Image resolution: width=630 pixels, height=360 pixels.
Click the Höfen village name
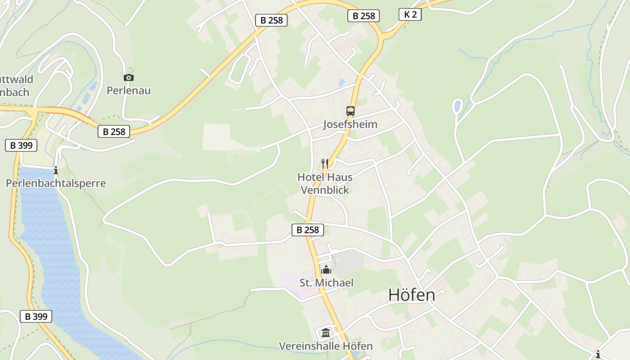(412, 295)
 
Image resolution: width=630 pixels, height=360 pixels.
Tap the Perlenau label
(129, 90)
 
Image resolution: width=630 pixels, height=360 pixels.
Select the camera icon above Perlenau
(129, 77)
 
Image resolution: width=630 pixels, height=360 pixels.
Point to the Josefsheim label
(350, 124)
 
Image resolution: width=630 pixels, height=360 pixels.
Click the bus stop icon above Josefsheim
(350, 111)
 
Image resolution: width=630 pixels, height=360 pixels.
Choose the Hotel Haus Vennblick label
(325, 184)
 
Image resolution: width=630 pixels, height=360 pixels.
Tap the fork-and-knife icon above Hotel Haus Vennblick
(325, 163)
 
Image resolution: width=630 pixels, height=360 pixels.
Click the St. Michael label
(326, 283)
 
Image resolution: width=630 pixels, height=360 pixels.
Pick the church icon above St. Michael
(326, 270)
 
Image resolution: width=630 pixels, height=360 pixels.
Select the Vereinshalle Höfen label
(326, 346)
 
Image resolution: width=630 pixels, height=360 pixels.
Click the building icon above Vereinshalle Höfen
(326, 333)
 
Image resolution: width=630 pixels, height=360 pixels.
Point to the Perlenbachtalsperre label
(56, 183)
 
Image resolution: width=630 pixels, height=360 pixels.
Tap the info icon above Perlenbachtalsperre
(56, 170)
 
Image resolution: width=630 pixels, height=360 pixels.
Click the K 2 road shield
(410, 14)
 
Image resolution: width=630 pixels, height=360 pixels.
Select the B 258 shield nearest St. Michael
(308, 230)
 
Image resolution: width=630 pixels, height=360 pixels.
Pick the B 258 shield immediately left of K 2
(364, 16)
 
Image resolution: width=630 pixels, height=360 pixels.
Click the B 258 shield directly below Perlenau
(114, 131)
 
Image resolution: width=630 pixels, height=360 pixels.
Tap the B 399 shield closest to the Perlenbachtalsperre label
(21, 145)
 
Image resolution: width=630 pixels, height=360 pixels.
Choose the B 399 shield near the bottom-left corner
(36, 316)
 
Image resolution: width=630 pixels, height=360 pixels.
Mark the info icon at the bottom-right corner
(598, 354)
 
